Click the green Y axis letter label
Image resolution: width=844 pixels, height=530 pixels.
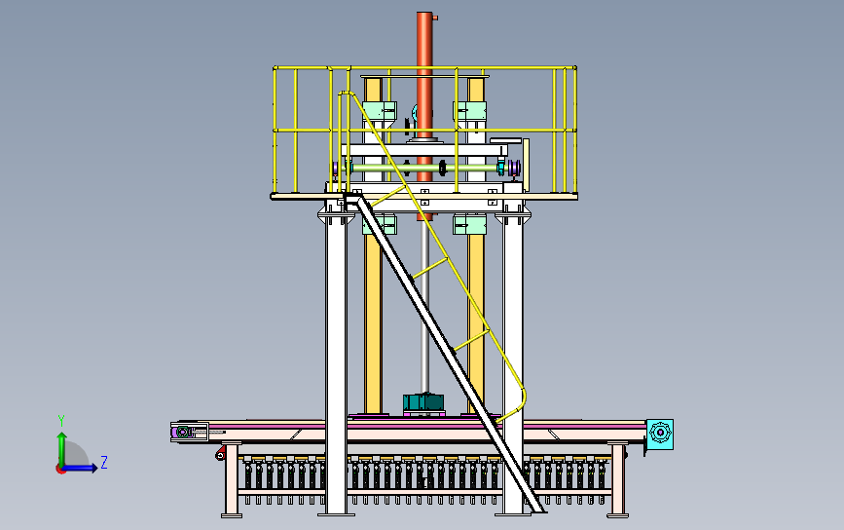(61, 420)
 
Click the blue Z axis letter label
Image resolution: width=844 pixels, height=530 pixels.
(104, 462)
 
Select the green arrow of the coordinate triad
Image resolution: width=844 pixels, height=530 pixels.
(61, 445)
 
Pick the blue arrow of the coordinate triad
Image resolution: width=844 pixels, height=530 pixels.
(84, 468)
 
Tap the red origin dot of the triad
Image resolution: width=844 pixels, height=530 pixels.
(60, 469)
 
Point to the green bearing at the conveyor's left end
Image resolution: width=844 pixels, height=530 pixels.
(182, 432)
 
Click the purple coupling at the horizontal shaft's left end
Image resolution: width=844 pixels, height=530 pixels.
(338, 170)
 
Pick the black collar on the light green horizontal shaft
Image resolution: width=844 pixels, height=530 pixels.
(444, 170)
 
